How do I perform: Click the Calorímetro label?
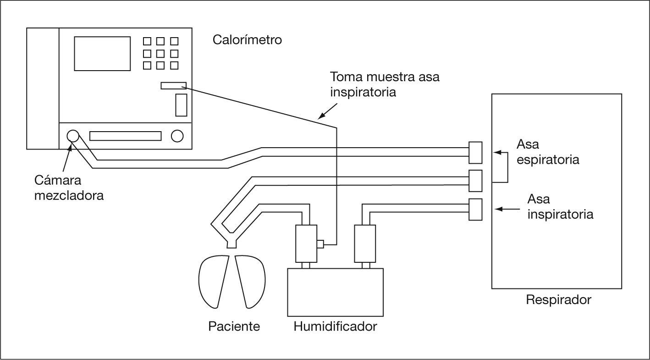247,40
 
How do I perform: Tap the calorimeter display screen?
102,53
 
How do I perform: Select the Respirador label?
558,300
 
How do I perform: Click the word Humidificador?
335,327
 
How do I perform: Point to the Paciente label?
234,327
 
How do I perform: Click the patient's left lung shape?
214,281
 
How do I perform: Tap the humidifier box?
335,292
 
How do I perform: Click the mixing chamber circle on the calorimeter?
73,136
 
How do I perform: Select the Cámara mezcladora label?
69,187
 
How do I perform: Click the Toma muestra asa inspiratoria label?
385,84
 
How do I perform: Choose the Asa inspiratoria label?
560,207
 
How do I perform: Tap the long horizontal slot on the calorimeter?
126,136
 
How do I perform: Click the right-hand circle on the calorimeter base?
177,136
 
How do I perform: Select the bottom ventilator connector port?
475,209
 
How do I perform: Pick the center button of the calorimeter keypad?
160,53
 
